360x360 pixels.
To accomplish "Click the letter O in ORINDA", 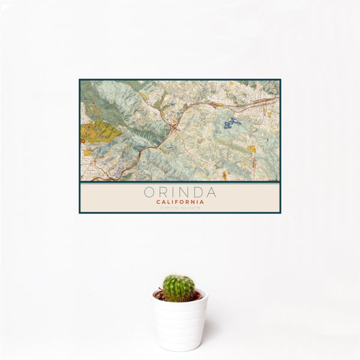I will click(x=148, y=193).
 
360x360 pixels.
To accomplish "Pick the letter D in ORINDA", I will click(x=197, y=193).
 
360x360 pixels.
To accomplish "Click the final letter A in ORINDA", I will click(x=211, y=193).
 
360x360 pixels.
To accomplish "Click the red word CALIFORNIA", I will click(x=180, y=202).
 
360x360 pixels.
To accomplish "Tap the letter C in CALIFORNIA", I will click(x=158, y=202).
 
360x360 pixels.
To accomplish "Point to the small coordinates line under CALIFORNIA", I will click(x=180, y=208).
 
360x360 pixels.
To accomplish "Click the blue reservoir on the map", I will click(x=231, y=124).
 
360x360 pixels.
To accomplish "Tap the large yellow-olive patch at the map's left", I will click(x=100, y=131).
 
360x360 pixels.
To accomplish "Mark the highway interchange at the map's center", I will click(x=174, y=127).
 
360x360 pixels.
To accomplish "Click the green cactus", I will click(x=179, y=288).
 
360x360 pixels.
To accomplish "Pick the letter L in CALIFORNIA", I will click(x=169, y=202).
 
